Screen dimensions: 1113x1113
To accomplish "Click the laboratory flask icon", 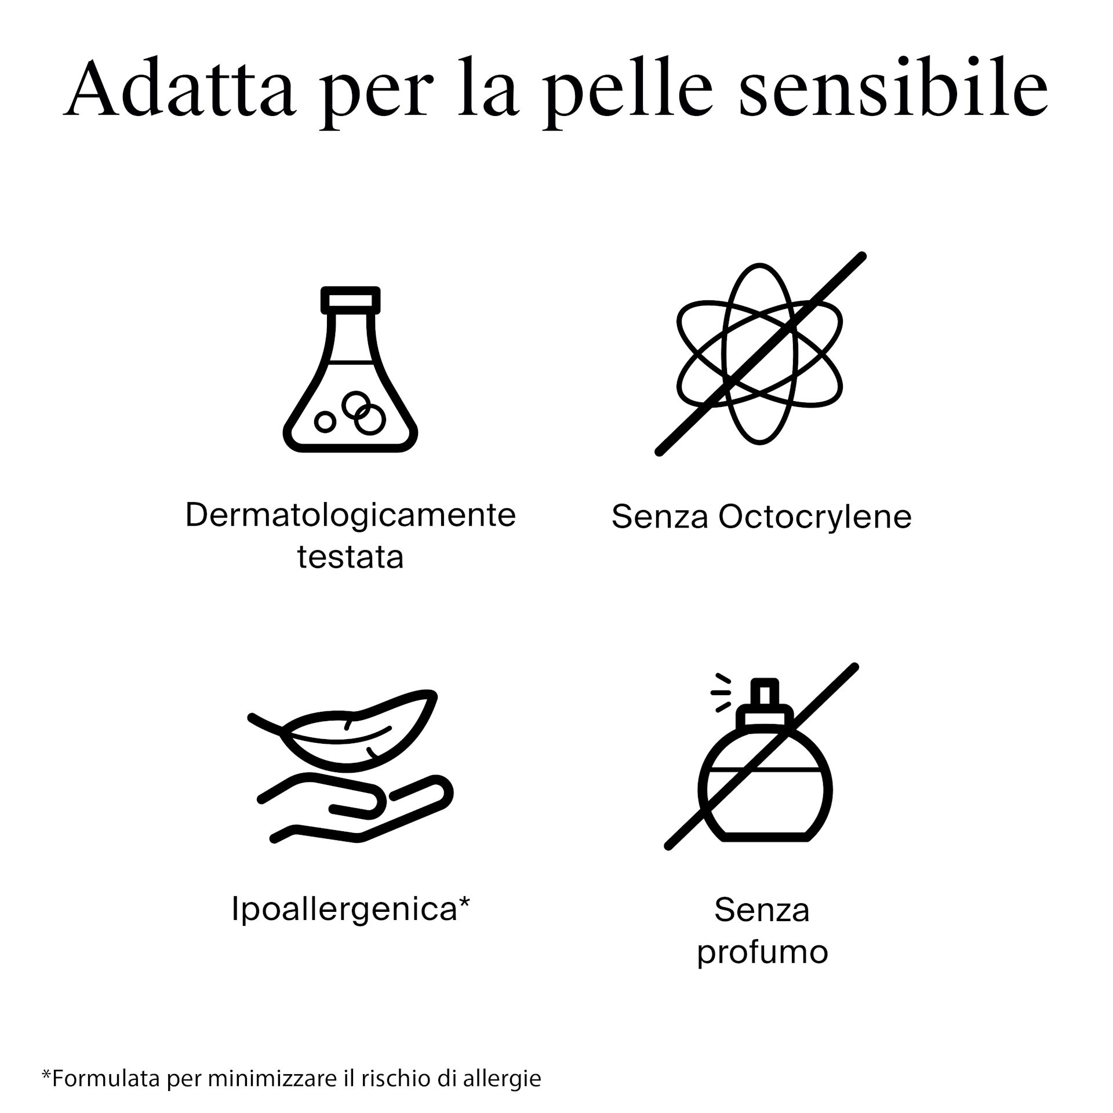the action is [x=351, y=369].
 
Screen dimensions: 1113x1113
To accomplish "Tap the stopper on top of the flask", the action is [x=351, y=300].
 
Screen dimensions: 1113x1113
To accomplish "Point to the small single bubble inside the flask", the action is [x=325, y=422].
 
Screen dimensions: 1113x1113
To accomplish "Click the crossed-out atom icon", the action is [x=760, y=354].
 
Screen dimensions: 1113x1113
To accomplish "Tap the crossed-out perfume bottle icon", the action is [x=762, y=756].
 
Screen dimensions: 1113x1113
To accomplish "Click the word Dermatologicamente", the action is [x=351, y=515].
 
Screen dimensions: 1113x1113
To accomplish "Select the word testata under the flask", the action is [x=351, y=557].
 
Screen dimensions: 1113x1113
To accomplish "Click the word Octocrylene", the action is [x=815, y=517].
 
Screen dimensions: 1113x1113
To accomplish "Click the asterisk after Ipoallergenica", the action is [x=464, y=902].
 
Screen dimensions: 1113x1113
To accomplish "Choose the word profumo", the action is [x=762, y=952].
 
